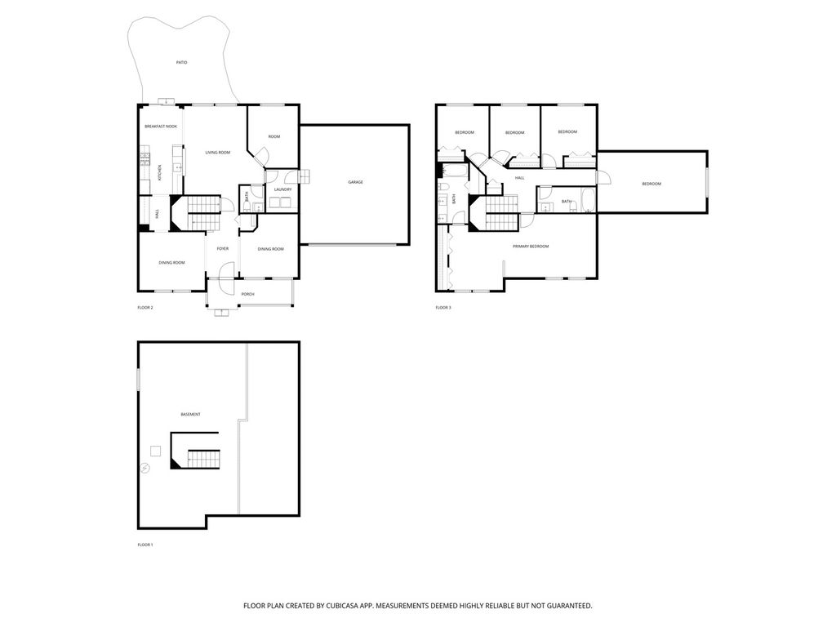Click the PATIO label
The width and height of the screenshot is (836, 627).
182,62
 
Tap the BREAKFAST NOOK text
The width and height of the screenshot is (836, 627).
161,127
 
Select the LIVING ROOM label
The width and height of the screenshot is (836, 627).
218,153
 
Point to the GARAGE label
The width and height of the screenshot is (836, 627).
356,182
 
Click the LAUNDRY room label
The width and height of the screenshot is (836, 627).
282,189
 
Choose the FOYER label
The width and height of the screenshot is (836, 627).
223,248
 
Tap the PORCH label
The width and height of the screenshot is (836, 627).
248,294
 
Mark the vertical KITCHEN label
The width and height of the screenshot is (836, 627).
159,173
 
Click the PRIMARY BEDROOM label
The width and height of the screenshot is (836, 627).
531,247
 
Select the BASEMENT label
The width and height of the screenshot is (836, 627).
190,414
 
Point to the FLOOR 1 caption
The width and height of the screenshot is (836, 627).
145,545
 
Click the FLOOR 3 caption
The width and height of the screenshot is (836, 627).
443,308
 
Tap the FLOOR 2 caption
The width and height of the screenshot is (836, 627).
145,308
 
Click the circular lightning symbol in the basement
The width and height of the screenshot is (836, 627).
145,468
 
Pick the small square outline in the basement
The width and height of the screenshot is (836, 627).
155,451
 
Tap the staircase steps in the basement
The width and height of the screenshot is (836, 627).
203,459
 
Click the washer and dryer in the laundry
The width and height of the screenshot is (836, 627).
281,202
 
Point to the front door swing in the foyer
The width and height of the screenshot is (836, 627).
226,269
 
